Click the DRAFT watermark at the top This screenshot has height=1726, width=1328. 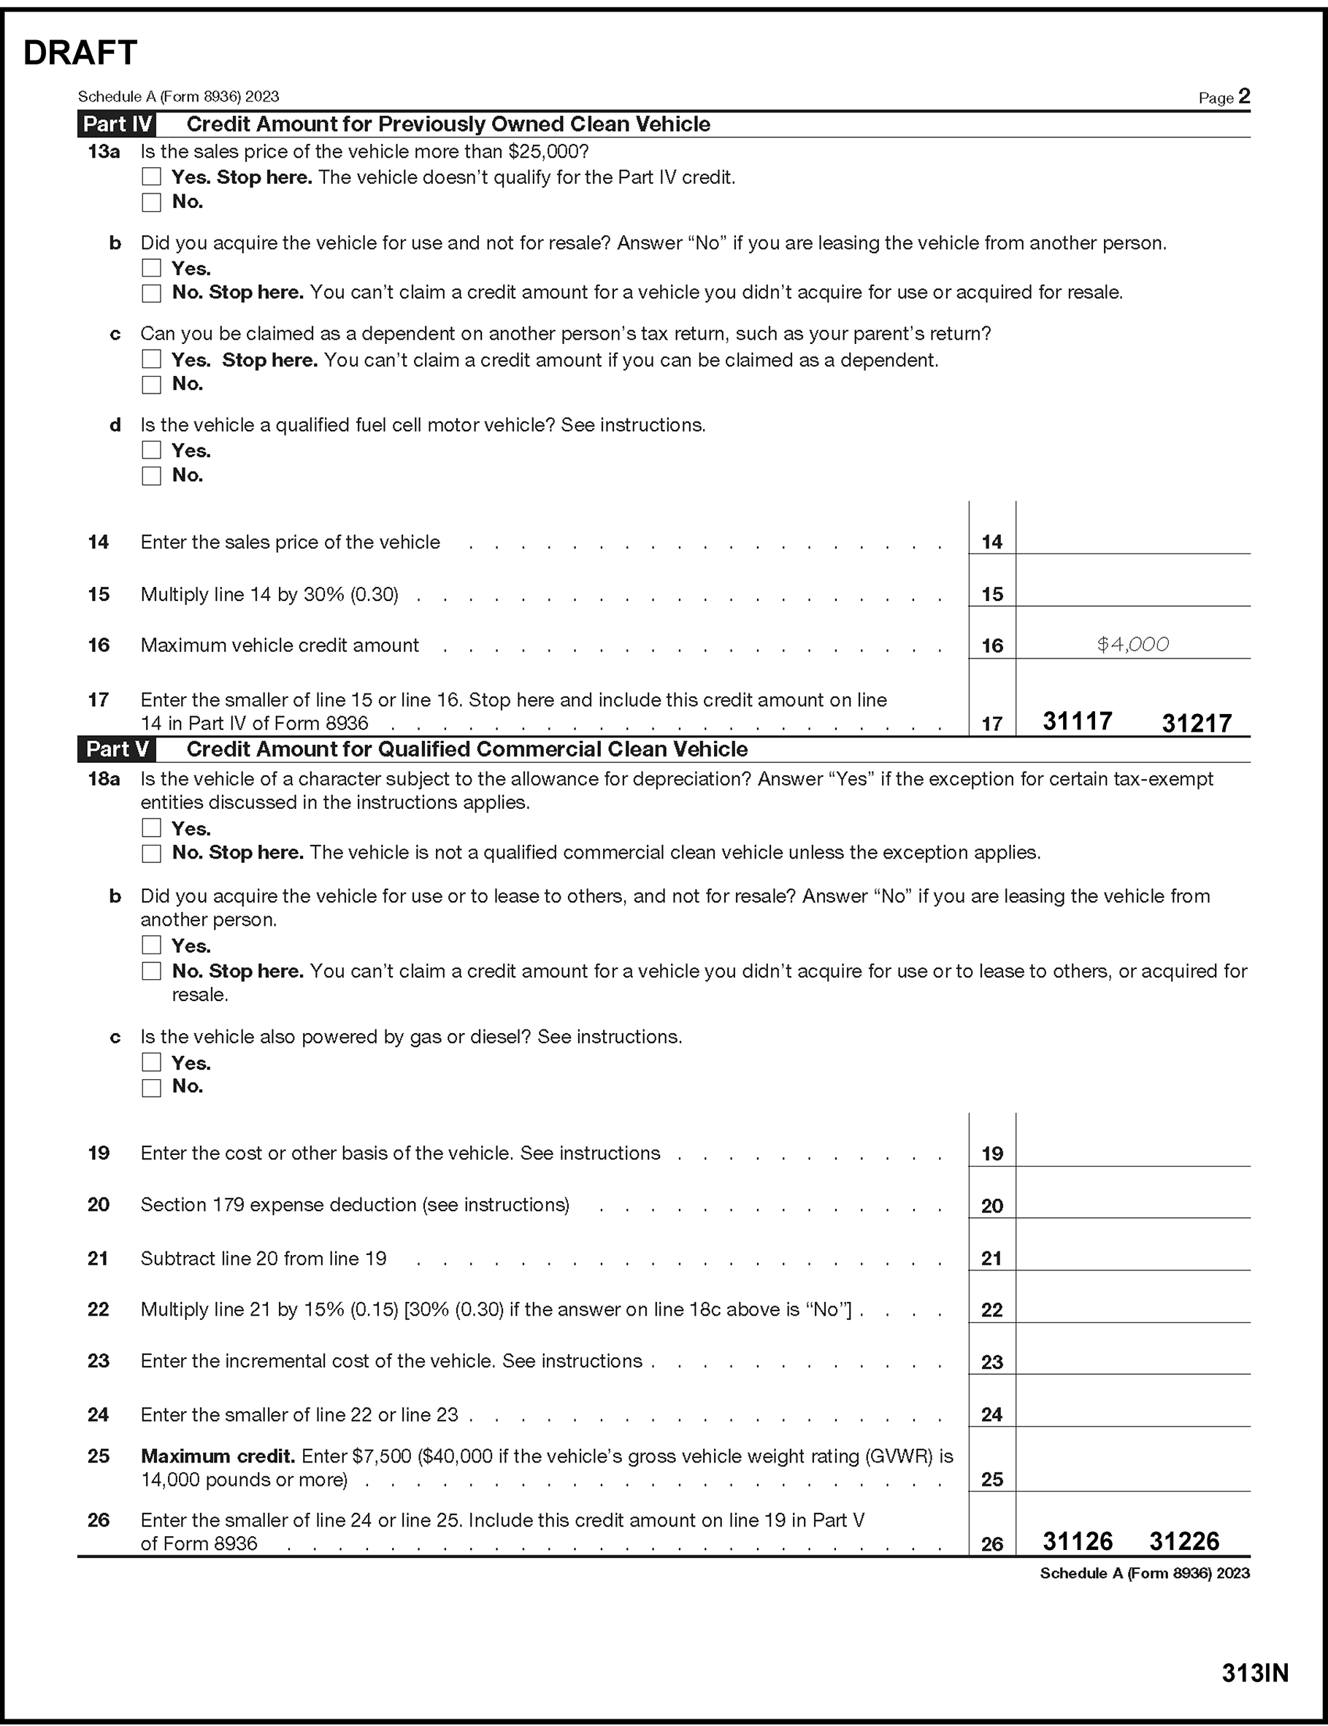point(80,53)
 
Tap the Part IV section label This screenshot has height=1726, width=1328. point(117,124)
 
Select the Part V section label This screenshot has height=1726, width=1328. point(117,749)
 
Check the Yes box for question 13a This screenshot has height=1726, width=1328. point(151,177)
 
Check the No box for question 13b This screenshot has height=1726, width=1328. point(151,294)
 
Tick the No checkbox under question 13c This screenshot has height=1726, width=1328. point(151,385)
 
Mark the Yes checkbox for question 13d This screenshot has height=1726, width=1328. point(151,450)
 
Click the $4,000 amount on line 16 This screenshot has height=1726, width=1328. point(1133,645)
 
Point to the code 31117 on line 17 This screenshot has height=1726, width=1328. point(1078,721)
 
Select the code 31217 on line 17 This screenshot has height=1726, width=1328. point(1196,723)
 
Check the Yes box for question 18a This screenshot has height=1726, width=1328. point(151,828)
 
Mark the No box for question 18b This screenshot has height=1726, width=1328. point(151,971)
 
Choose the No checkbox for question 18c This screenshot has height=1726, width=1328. point(151,1087)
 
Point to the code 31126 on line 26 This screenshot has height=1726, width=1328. point(1078,1541)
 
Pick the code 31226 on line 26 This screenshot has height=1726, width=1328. point(1184,1541)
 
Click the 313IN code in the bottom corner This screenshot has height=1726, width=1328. point(1255,1673)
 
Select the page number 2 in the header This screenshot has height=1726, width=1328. point(1244,96)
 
